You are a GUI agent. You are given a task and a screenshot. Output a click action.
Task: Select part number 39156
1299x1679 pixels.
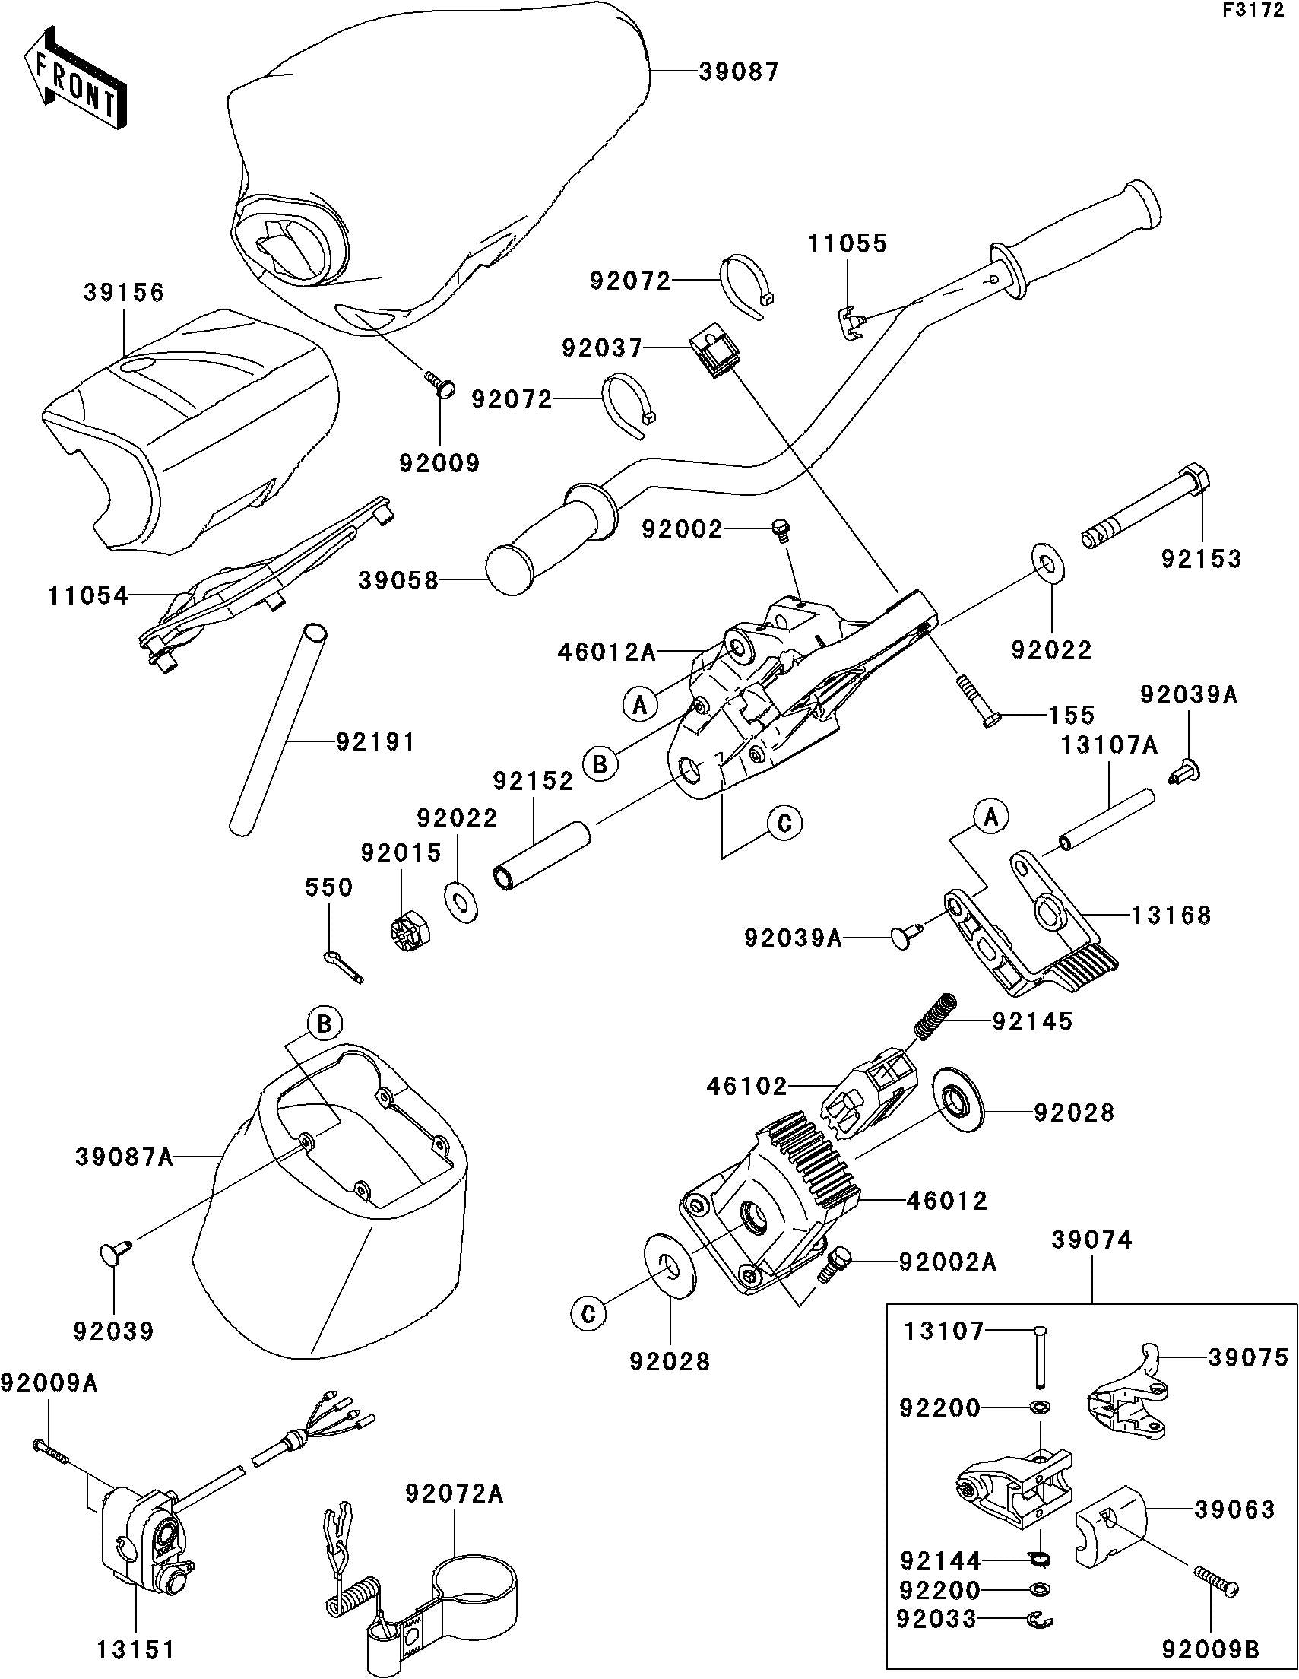pyautogui.click(x=124, y=293)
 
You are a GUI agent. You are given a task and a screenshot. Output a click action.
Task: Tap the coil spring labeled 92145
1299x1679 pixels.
pyautogui.click(x=935, y=1016)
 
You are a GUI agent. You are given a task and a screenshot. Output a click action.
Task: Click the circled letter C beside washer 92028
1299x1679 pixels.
pyautogui.click(x=589, y=1314)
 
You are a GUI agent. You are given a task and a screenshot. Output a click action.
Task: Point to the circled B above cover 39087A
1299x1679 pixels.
pyautogui.click(x=325, y=1024)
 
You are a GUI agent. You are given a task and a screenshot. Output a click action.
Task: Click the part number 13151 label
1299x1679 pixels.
pyautogui.click(x=136, y=1649)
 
